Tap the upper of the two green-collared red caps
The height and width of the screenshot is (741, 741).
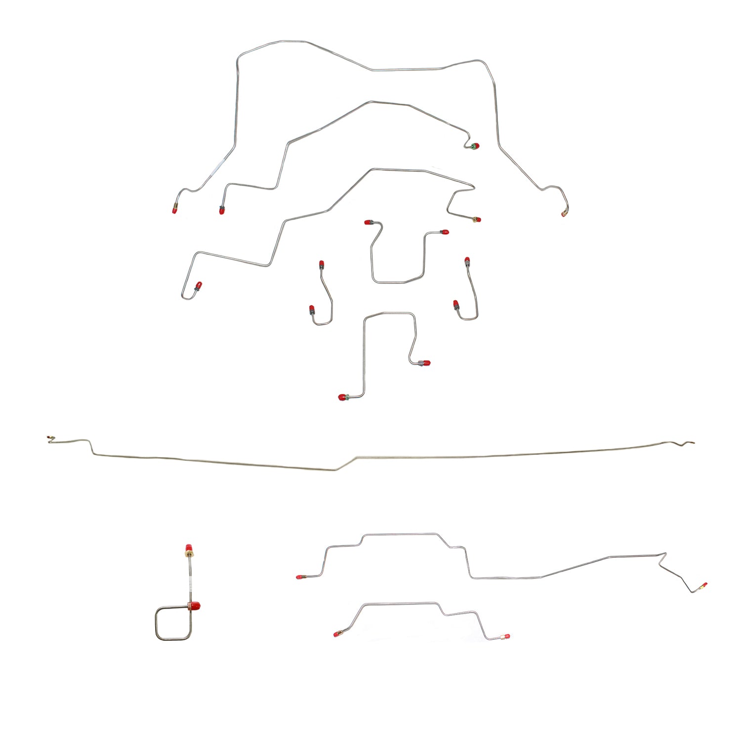[x=475, y=146]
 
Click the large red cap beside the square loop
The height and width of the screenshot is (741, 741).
[x=195, y=606]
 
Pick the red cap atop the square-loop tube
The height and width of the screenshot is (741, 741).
[x=188, y=549]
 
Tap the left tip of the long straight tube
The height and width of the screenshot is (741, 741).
[x=48, y=438]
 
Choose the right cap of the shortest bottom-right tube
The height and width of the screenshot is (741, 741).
[x=506, y=637]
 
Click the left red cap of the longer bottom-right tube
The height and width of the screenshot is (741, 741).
[x=299, y=576]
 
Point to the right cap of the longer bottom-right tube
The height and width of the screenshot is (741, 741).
[x=703, y=586]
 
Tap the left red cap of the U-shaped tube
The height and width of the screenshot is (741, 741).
[x=368, y=223]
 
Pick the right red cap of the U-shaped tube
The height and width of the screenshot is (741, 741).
[x=445, y=232]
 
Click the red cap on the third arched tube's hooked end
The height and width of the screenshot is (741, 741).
[x=198, y=286]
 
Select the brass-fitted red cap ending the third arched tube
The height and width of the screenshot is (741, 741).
[x=477, y=220]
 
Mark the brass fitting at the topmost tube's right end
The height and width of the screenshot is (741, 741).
[x=564, y=213]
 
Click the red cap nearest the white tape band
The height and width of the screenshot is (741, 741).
[x=174, y=210]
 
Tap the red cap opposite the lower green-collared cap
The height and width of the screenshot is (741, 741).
[x=425, y=364]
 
